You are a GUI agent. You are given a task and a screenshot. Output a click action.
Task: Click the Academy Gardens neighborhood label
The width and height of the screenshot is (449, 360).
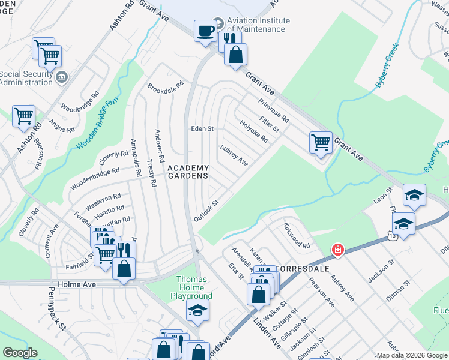tap(188, 172)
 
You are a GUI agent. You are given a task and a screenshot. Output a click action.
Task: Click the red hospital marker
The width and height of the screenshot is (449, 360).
tap(338, 249)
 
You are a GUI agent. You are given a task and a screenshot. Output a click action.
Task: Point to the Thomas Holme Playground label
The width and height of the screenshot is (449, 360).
tap(194, 287)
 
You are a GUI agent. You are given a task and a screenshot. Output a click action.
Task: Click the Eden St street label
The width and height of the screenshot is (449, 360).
tap(202, 129)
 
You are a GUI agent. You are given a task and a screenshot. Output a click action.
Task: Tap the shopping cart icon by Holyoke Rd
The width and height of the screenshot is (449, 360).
tap(321, 143)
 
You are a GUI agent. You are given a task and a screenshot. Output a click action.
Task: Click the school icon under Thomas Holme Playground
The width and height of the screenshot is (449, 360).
tap(196, 310)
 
